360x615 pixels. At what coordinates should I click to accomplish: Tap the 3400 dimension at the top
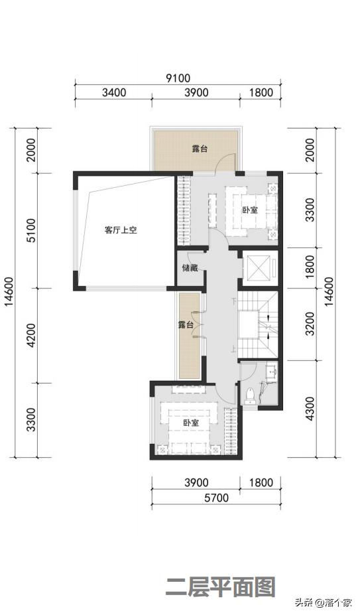pyautogui.click(x=114, y=93)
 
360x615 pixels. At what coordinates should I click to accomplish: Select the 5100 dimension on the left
pyautogui.click(x=29, y=230)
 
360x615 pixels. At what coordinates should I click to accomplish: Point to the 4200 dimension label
pyautogui.click(x=29, y=336)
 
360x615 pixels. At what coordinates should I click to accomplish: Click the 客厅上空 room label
pyautogui.click(x=120, y=231)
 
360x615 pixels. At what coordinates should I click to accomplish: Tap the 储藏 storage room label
pyautogui.click(x=189, y=269)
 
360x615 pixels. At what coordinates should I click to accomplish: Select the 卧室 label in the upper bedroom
pyautogui.click(x=249, y=210)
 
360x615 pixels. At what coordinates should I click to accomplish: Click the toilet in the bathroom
pyautogui.click(x=250, y=395)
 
